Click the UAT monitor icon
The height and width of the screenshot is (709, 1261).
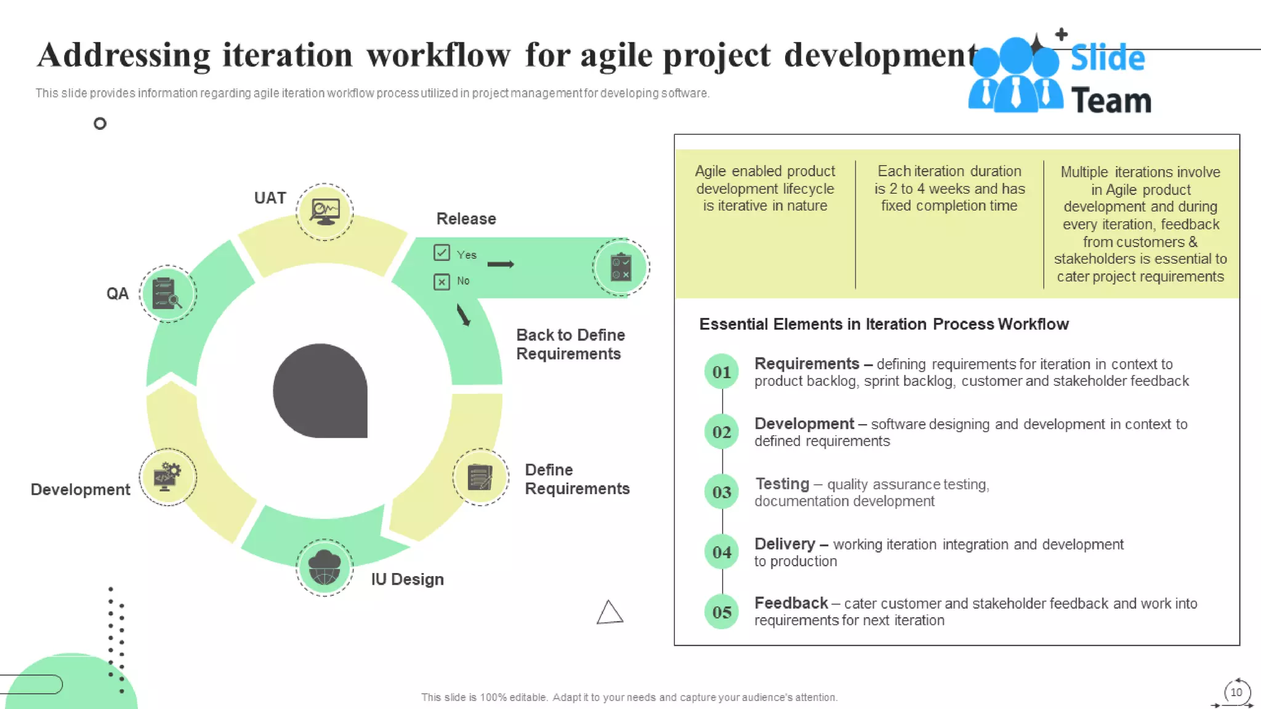pos(324,211)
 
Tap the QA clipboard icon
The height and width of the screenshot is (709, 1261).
pos(167,294)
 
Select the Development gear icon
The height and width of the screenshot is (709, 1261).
pos(167,477)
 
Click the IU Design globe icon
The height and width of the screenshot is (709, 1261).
pos(324,567)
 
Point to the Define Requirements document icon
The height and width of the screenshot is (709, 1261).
pos(480,477)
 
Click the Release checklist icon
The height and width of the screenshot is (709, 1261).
pos(621,267)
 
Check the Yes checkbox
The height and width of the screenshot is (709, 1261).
pos(441,253)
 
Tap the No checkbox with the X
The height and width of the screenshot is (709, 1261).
pos(441,282)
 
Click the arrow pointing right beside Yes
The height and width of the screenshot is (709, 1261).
pos(501,264)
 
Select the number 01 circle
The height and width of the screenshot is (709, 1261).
pos(722,372)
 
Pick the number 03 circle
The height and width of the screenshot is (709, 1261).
pos(722,492)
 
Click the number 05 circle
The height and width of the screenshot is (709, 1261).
pos(722,612)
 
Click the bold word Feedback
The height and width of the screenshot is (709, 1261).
pos(791,603)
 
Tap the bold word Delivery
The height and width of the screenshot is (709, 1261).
pos(784,544)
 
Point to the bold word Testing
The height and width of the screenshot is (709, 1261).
pos(782,484)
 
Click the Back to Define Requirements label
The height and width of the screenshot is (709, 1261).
pos(570,344)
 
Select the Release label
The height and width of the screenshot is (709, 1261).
pos(466,219)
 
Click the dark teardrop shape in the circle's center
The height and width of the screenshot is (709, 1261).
pos(320,391)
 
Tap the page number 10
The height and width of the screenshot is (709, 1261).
pos(1236,692)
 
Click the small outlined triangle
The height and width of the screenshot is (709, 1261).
pos(610,613)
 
